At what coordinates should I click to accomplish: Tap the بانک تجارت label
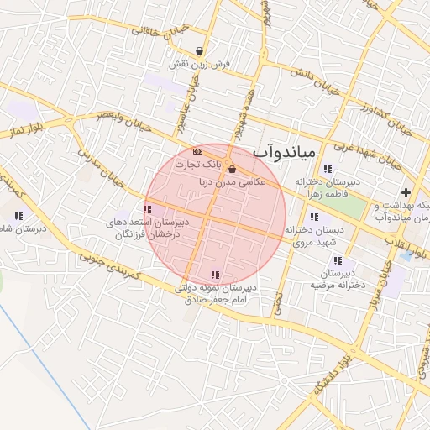tap(191, 164)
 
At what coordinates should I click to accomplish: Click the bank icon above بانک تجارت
tap(197, 150)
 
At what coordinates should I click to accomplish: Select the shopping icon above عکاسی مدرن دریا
tap(232, 170)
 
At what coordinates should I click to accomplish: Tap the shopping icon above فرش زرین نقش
tap(198, 51)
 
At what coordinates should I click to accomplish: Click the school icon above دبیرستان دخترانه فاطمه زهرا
tap(327, 170)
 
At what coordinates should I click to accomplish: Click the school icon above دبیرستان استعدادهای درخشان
tap(147, 209)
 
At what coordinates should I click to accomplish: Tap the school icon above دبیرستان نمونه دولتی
tap(216, 275)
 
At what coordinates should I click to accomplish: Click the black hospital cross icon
tap(406, 193)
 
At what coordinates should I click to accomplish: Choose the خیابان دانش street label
tap(315, 81)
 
